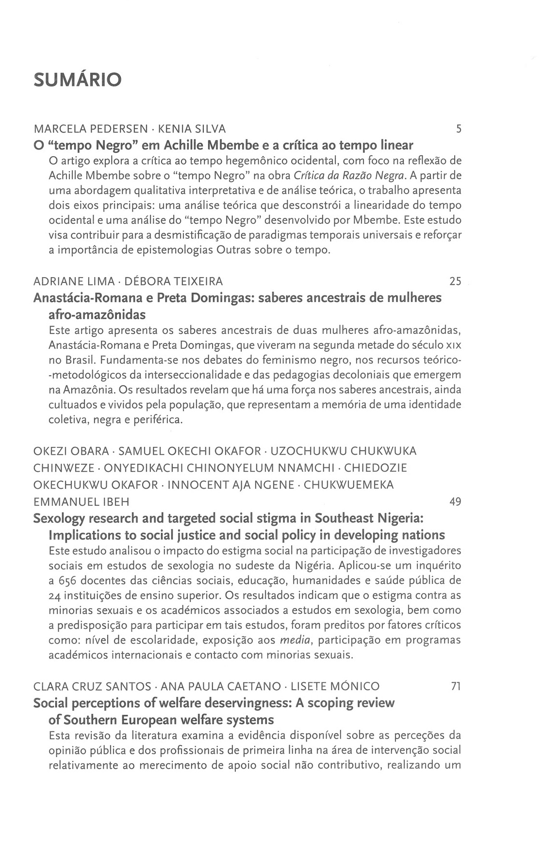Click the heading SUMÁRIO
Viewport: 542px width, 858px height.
point(77,80)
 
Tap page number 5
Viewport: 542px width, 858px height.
point(459,129)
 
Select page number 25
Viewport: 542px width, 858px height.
point(455,281)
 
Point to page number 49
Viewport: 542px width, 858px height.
point(455,502)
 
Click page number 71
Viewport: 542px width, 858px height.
point(456,686)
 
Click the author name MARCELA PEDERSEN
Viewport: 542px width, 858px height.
point(91,129)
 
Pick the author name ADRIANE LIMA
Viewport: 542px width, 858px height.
point(74,281)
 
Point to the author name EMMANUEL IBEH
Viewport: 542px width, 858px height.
point(81,502)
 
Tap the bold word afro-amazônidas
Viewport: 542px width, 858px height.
point(97,314)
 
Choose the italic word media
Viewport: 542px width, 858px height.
point(295,640)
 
